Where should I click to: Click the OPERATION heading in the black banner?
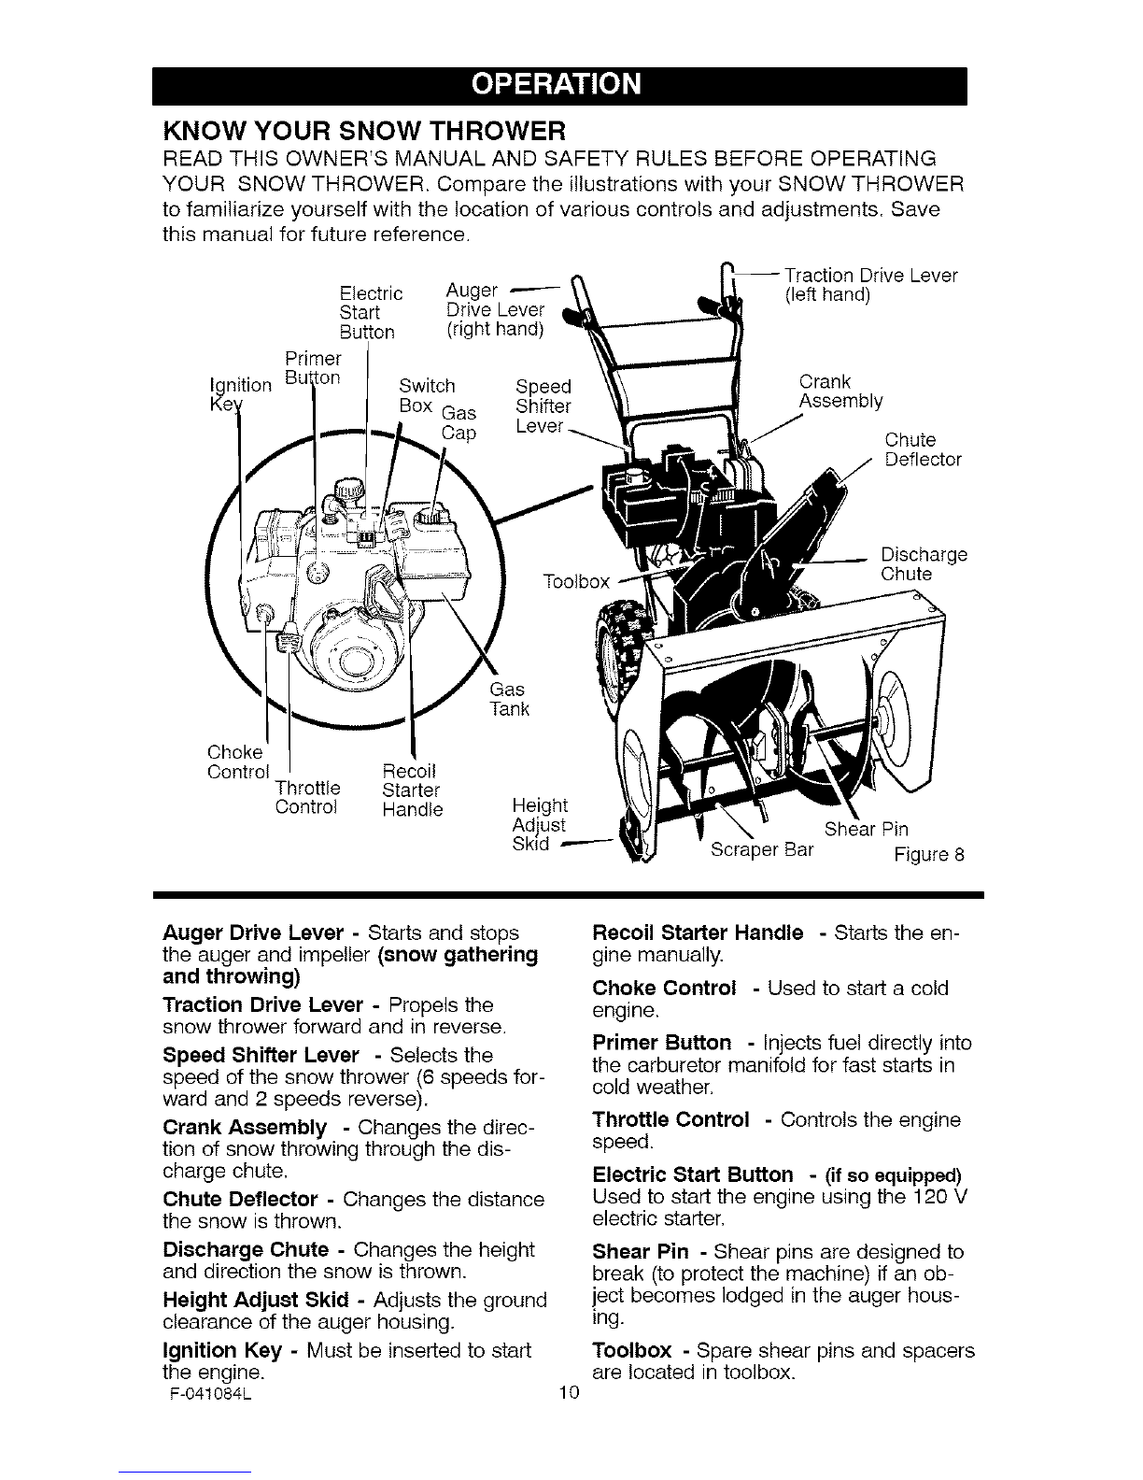(x=557, y=84)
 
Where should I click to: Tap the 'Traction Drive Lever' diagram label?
(x=870, y=285)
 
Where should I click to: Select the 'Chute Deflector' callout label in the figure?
(x=923, y=449)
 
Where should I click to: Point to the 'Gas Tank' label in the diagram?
(x=509, y=700)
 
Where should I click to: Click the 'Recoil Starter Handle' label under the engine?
(x=412, y=790)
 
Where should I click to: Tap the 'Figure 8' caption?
(x=929, y=854)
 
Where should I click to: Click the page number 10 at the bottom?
(x=569, y=1393)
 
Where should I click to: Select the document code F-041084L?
(x=210, y=1393)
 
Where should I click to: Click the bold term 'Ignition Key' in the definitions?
(x=222, y=1350)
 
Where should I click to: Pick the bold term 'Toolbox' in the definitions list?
(x=632, y=1350)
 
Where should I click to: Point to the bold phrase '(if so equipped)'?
(x=893, y=1175)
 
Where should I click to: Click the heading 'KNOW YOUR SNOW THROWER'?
(x=364, y=129)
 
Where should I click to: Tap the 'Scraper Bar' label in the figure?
(x=762, y=850)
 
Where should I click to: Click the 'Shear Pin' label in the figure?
(x=866, y=829)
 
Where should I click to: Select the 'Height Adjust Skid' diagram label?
(x=540, y=825)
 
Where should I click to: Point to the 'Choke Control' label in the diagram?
(x=238, y=762)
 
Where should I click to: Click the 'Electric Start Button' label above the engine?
(x=371, y=313)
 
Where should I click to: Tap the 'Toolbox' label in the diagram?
(x=576, y=582)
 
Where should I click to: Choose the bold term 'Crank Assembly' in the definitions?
(x=245, y=1127)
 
